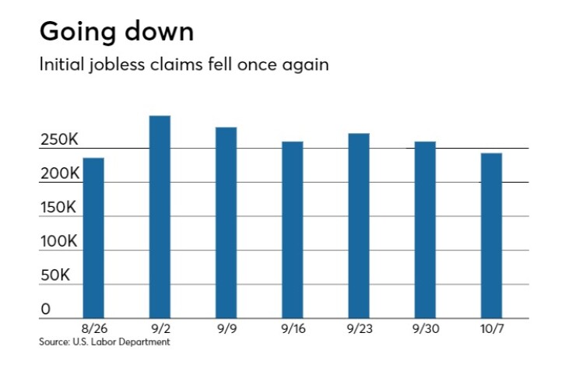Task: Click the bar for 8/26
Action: (x=93, y=238)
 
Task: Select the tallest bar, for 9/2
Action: (x=160, y=217)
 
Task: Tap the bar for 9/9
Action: (x=226, y=223)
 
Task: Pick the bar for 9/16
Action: (x=293, y=230)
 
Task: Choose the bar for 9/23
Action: (x=359, y=226)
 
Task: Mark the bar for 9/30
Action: (x=425, y=230)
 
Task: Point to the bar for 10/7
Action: (x=491, y=236)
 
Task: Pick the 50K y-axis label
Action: (x=55, y=275)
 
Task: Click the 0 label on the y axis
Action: (x=46, y=309)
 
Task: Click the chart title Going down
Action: (x=117, y=32)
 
